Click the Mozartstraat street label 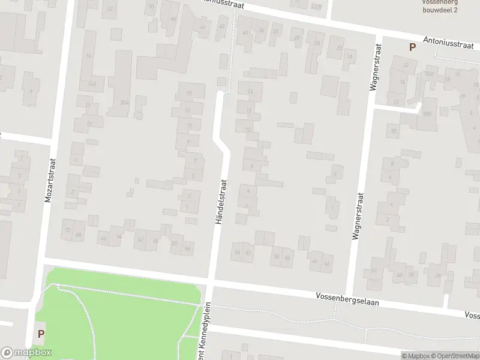(x=50, y=180)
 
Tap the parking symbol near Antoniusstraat (x=412, y=47)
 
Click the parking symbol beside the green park (x=41, y=333)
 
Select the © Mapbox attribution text (x=415, y=356)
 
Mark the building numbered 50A (x=124, y=103)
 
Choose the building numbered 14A (x=92, y=84)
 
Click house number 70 (x=67, y=229)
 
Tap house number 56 (x=188, y=248)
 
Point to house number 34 (x=251, y=91)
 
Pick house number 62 (x=141, y=240)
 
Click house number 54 (x=238, y=252)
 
